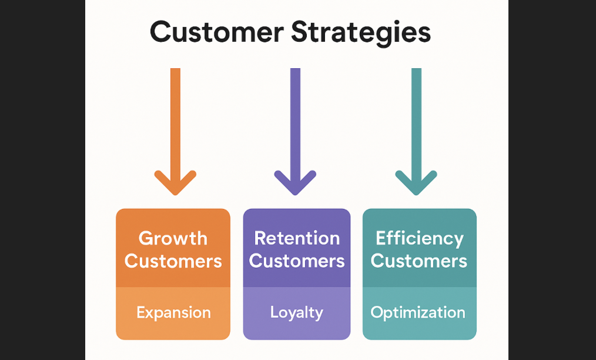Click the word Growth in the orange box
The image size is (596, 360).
click(173, 239)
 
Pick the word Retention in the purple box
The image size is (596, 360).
click(297, 238)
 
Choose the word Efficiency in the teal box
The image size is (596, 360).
click(419, 239)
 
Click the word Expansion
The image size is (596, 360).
click(173, 312)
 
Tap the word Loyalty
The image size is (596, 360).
click(296, 312)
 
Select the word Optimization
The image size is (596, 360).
click(418, 312)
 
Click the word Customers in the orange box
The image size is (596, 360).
click(173, 261)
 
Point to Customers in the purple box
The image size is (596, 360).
click(297, 261)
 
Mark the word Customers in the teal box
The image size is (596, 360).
click(419, 261)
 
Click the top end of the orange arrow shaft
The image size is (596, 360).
click(175, 71)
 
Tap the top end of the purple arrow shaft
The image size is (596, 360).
click(295, 71)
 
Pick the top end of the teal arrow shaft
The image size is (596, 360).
click(416, 71)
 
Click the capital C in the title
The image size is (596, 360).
click(162, 32)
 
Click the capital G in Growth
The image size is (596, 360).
click(146, 239)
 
